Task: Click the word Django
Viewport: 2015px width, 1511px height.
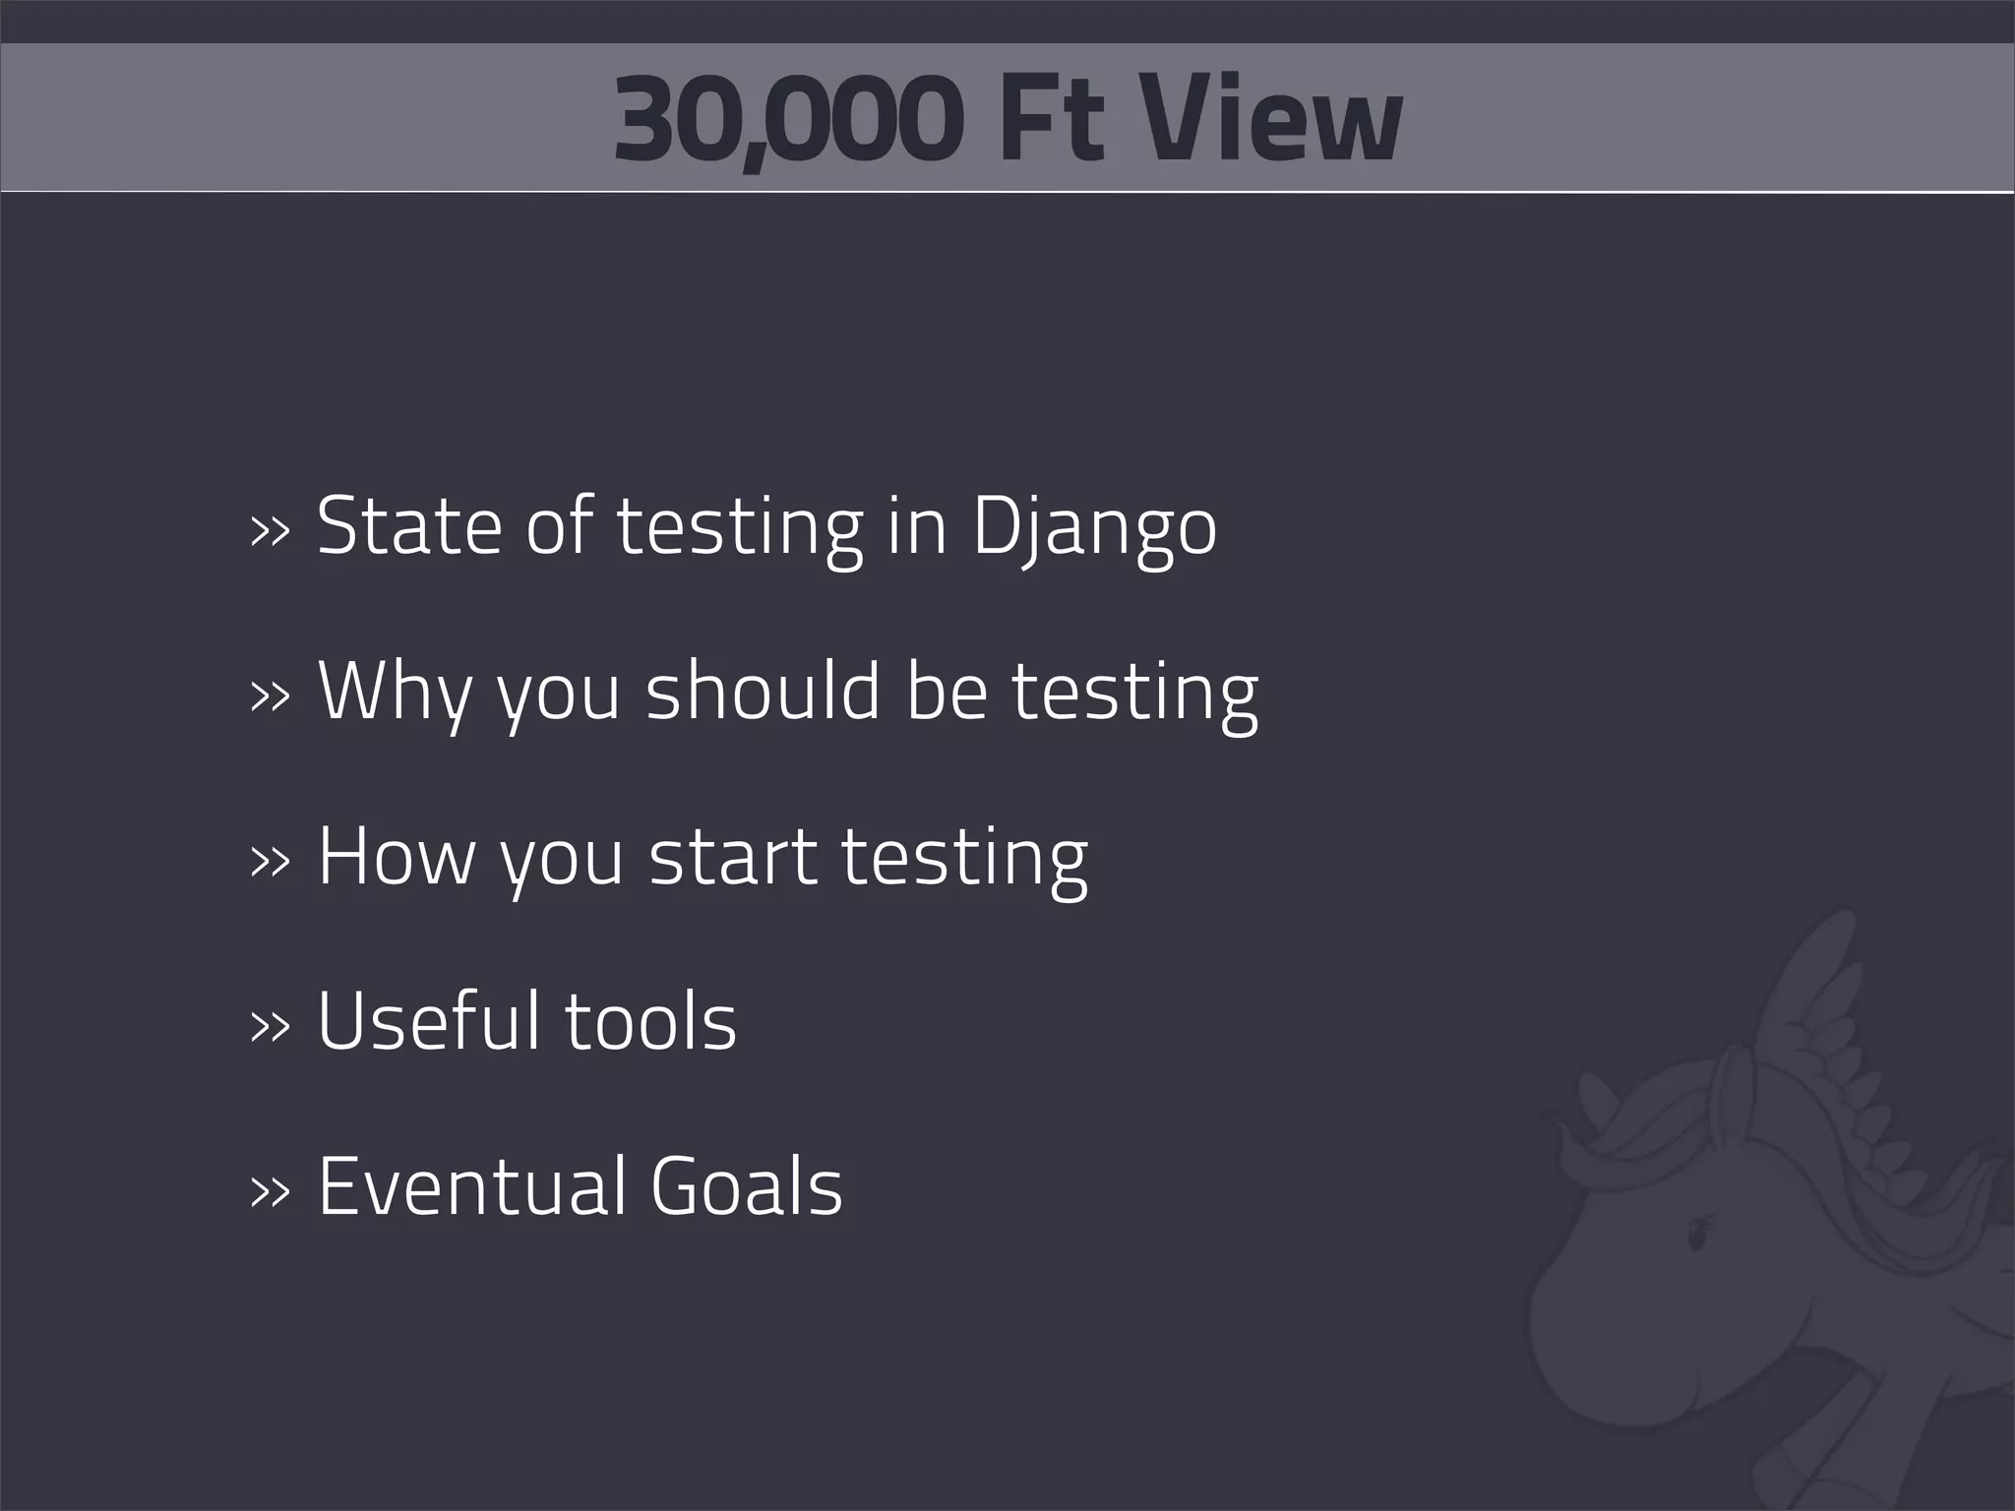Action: click(x=1094, y=528)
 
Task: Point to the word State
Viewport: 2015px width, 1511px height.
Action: click(x=408, y=526)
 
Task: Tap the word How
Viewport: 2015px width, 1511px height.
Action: click(x=396, y=856)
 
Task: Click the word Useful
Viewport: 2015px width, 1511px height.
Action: click(x=429, y=1020)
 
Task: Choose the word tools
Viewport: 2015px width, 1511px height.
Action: click(x=650, y=1020)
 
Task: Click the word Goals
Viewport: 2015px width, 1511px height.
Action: click(x=746, y=1185)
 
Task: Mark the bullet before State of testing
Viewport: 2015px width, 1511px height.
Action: click(x=271, y=532)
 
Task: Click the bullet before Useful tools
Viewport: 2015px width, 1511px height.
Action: click(x=271, y=1026)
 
